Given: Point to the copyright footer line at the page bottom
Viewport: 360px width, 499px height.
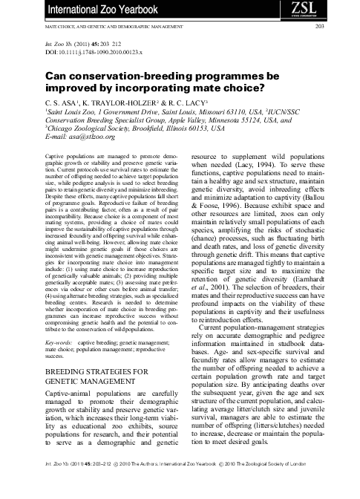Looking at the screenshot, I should click(x=180, y=483).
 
